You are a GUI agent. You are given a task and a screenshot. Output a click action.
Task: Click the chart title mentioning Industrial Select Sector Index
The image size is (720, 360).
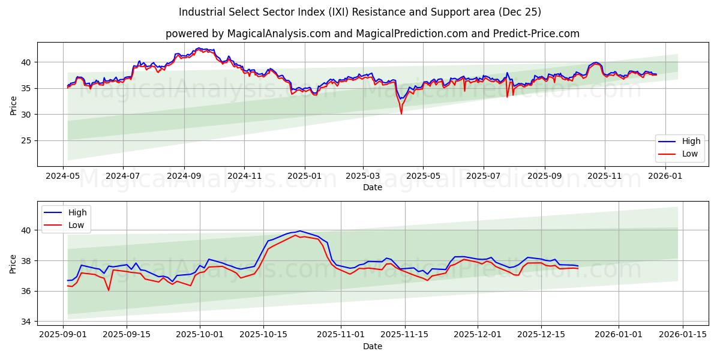click(360, 12)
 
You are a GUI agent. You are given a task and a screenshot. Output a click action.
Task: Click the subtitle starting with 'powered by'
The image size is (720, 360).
click(372, 34)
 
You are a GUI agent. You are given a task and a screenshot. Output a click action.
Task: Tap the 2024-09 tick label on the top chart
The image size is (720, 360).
click(184, 176)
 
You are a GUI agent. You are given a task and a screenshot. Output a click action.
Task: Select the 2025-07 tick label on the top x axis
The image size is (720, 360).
click(484, 176)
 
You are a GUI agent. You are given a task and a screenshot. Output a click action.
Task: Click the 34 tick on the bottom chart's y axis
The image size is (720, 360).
click(26, 322)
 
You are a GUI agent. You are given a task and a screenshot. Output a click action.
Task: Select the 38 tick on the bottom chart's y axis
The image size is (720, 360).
click(26, 260)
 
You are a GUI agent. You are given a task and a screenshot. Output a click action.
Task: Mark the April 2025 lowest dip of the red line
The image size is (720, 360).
click(401, 114)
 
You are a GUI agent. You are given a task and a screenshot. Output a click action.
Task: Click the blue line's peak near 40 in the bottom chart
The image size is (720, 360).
click(300, 231)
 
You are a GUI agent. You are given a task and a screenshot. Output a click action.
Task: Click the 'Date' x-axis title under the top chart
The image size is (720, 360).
click(372, 187)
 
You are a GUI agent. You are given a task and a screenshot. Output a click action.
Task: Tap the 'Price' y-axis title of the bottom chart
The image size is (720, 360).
click(13, 264)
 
